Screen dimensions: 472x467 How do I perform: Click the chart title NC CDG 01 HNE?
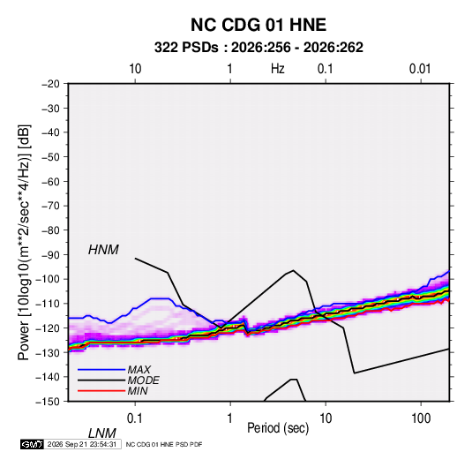tap(258, 25)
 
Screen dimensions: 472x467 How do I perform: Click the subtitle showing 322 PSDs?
tap(258, 48)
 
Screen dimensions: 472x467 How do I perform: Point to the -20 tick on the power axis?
tap(50, 84)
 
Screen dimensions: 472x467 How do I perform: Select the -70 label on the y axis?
tap(50, 206)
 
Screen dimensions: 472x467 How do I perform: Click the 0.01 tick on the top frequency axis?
tap(420, 69)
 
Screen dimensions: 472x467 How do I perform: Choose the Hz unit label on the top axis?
tap(278, 69)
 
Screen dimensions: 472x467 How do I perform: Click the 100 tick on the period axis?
tap(421, 418)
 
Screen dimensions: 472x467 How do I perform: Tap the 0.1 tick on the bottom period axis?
tap(135, 418)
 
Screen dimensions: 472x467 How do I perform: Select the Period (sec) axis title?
tap(278, 428)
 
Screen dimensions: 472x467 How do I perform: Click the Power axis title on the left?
tap(24, 243)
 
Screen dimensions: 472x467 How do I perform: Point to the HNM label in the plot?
tap(103, 250)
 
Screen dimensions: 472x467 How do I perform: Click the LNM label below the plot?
tap(102, 433)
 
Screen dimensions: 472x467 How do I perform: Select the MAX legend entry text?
tap(139, 370)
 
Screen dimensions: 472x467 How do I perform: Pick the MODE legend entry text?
tap(143, 380)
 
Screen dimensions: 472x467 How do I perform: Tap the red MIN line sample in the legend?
tap(101, 391)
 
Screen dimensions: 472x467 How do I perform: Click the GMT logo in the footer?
tap(32, 444)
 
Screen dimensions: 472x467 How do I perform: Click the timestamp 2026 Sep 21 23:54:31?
tap(82, 444)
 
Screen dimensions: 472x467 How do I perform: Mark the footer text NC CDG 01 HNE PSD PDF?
tap(164, 445)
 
